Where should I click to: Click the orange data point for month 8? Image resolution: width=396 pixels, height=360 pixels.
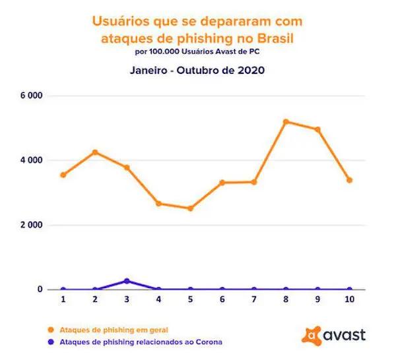pos(286,122)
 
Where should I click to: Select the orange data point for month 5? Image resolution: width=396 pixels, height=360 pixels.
pos(190,208)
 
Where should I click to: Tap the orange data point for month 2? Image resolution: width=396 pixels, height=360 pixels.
pos(95,152)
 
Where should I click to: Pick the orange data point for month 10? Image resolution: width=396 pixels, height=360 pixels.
pos(349,180)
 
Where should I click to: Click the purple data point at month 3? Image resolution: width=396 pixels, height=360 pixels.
pos(127,281)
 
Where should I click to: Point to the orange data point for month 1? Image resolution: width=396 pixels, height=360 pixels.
pos(63,175)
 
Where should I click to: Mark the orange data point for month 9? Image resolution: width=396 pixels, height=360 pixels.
pos(317,129)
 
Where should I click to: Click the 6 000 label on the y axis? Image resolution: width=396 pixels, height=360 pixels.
pos(30,96)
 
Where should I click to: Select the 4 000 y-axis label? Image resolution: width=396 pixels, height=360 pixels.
pos(30,160)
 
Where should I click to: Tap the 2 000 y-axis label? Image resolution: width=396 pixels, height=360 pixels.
pos(30,225)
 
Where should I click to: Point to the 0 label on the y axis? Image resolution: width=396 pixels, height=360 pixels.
pos(39,289)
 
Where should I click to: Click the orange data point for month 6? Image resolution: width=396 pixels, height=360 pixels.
pos(222,182)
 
